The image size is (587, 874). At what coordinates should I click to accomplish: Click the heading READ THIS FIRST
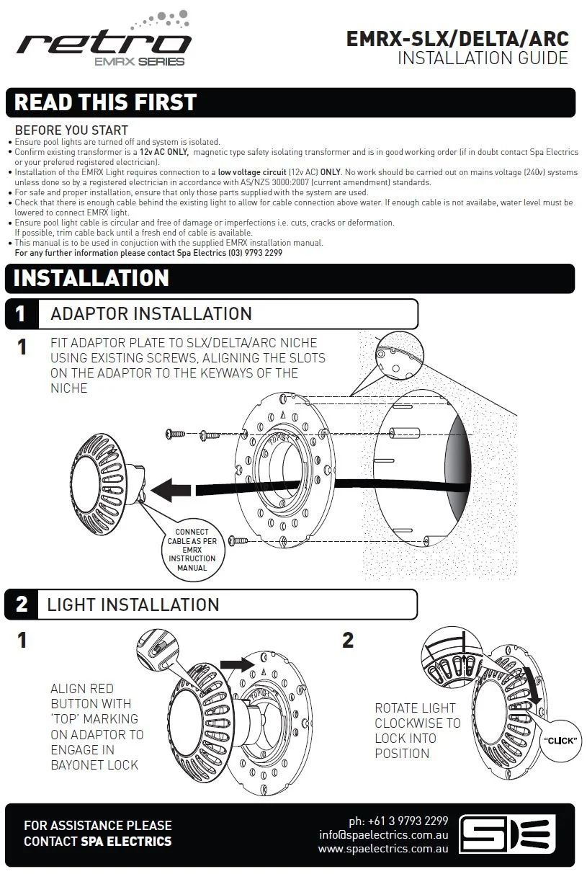pos(105,102)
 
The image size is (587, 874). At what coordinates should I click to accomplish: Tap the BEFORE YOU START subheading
pos(71,130)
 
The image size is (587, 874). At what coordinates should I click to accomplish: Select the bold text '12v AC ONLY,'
pos(163,152)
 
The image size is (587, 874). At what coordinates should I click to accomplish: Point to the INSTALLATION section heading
pos(91,278)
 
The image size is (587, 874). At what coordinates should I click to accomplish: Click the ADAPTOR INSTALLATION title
pos(151,314)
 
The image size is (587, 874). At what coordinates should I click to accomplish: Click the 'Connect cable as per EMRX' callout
pos(192,550)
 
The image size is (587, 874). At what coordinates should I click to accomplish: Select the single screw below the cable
pos(238,540)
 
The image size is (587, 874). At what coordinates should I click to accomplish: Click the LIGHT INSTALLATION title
pos(133,605)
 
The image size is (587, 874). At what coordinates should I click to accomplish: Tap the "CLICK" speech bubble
pos(560,740)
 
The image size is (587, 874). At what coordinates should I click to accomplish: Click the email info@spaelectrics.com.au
pos(383,835)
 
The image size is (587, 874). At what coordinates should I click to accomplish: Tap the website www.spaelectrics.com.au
pos(383,849)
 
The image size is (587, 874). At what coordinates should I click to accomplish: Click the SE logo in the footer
pos(507,834)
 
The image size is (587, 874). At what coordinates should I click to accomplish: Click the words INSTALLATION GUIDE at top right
pos(483,58)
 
